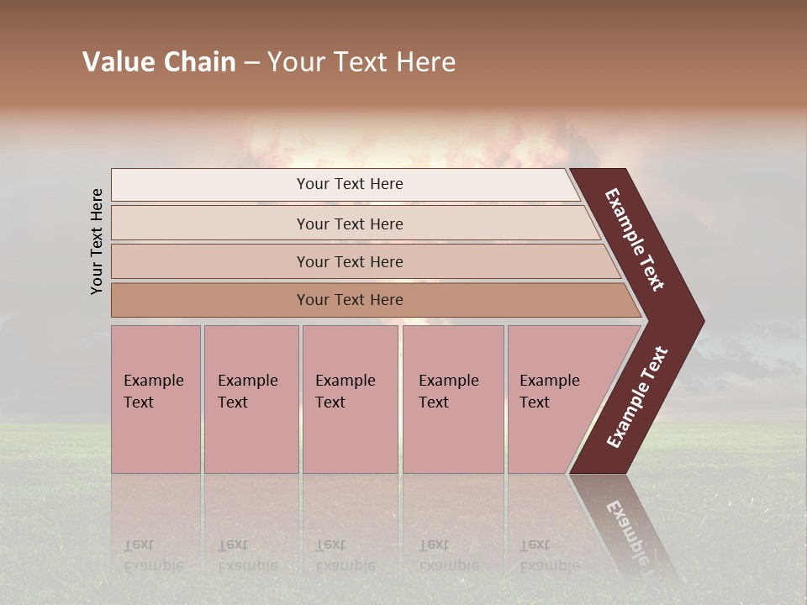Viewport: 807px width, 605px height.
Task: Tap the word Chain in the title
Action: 200,62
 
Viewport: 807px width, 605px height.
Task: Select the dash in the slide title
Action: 251,63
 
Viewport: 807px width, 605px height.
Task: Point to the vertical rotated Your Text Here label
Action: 97,241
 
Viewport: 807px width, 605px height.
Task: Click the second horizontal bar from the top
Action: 349,224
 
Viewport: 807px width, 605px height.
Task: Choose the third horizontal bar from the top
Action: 349,261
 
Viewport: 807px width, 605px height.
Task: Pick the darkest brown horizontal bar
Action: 349,300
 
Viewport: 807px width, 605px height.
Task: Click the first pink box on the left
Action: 156,399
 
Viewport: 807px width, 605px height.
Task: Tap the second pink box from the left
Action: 251,399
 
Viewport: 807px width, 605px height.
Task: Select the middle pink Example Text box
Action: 350,399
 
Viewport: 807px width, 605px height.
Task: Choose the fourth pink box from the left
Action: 452,399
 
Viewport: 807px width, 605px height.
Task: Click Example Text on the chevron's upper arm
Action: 635,239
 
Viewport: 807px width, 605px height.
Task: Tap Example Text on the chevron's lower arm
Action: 637,397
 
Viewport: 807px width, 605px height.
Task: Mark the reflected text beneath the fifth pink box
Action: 549,555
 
